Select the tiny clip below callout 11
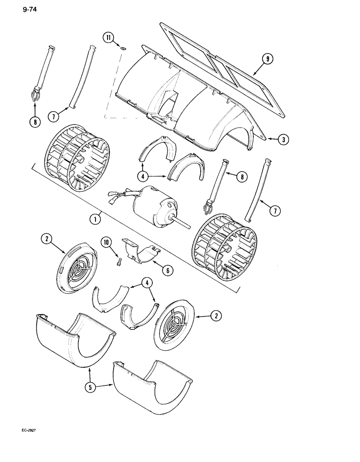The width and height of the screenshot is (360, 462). (x=122, y=48)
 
